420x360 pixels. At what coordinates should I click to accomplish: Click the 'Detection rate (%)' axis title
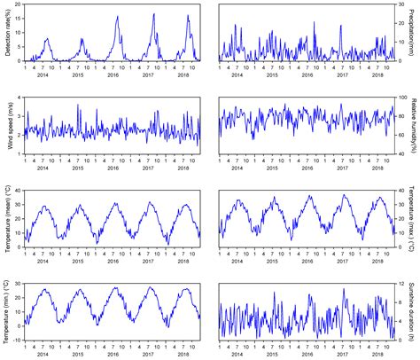(6, 33)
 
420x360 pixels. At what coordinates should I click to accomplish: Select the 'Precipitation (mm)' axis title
(414, 33)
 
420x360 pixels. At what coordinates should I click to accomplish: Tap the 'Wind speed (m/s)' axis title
(6, 126)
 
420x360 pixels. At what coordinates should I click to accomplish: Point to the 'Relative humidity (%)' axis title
(414, 126)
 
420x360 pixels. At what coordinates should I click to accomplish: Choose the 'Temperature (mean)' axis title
(6, 218)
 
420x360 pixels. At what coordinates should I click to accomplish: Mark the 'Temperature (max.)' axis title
(414, 218)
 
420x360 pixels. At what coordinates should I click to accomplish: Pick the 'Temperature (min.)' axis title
(6, 311)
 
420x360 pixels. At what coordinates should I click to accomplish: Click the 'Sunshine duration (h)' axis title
(414, 311)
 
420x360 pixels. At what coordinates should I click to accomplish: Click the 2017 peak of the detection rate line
(153, 13)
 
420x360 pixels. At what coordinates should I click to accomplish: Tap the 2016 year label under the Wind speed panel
(113, 168)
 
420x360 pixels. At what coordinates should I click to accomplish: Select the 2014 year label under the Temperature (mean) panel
(42, 262)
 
